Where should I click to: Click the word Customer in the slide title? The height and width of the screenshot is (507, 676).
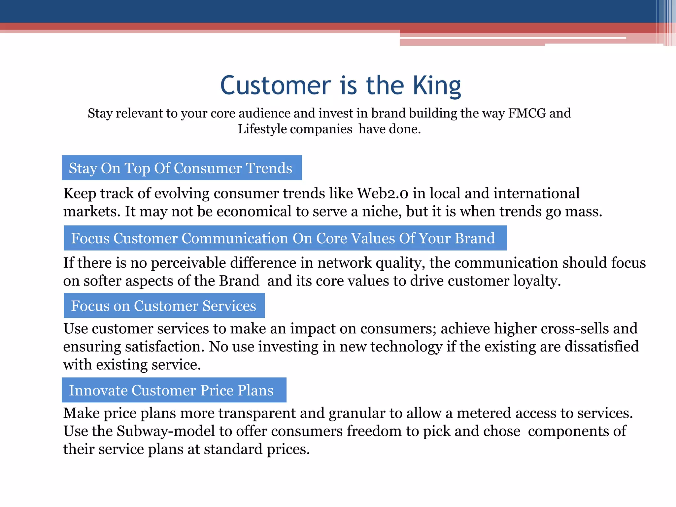tap(275, 85)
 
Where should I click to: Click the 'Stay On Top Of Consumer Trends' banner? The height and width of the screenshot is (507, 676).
tap(182, 168)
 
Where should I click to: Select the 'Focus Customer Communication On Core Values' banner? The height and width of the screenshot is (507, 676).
tap(285, 238)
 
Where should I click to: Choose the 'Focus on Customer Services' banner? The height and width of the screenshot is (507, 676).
tap(164, 306)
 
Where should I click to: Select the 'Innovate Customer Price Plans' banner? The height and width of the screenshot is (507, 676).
tap(174, 390)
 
